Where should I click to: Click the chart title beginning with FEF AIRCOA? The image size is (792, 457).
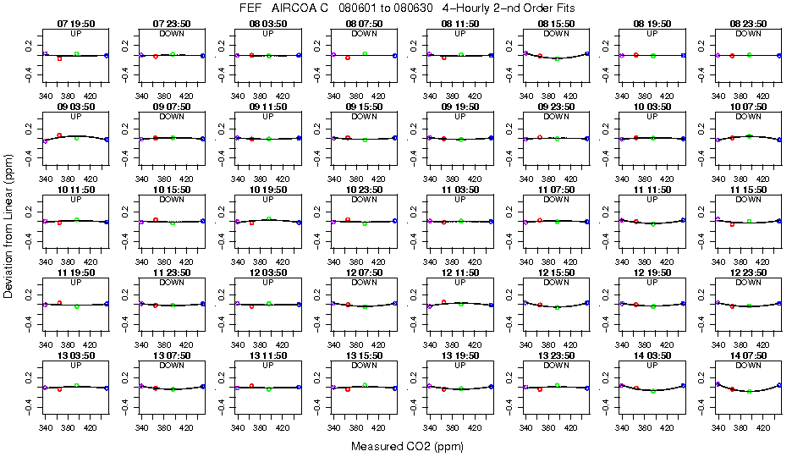pyautogui.click(x=396, y=8)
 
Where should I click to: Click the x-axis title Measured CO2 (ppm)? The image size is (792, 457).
pyautogui.click(x=396, y=446)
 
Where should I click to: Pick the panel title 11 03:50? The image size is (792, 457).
pyautogui.click(x=460, y=191)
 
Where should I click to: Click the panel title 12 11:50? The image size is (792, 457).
pyautogui.click(x=460, y=274)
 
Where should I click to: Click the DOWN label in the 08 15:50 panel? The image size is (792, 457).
pyautogui.click(x=556, y=34)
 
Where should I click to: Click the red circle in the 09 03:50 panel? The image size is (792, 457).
pyautogui.click(x=59, y=135)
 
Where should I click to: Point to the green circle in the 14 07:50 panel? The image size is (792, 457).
pyautogui.click(x=749, y=391)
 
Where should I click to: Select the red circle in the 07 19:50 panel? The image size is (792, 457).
pyautogui.click(x=59, y=59)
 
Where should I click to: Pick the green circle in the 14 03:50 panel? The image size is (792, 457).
pyautogui.click(x=653, y=391)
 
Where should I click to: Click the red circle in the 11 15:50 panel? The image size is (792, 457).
pyautogui.click(x=732, y=224)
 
